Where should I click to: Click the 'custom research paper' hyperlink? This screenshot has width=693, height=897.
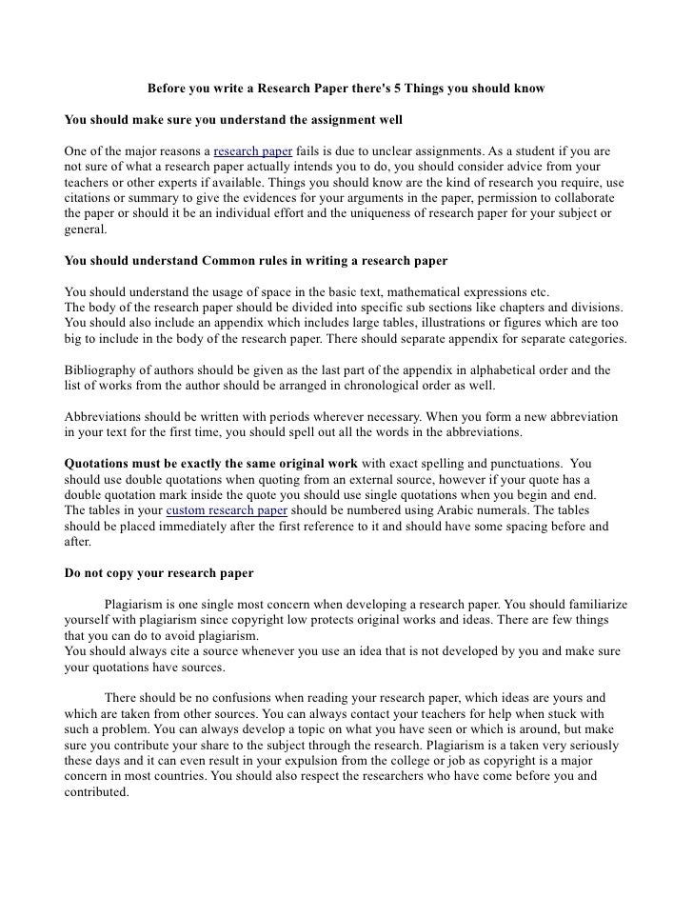point(227,509)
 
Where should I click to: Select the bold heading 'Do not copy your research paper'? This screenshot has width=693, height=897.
point(158,574)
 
